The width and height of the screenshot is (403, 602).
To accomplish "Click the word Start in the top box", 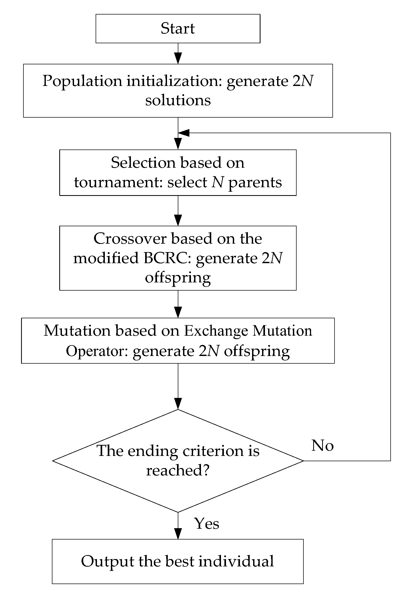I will tap(178, 28).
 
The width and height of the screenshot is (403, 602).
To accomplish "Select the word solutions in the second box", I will tap(178, 100).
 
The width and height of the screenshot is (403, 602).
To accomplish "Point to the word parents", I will tap(255, 183).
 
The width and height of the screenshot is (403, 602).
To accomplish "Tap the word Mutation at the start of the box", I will tap(77, 331).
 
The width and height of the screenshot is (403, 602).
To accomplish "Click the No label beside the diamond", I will tap(322, 445).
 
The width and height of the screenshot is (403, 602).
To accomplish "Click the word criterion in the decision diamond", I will tap(213, 451).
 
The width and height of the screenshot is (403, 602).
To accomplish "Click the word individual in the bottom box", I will tap(236, 561).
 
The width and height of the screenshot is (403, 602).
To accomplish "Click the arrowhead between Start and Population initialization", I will tap(178, 58).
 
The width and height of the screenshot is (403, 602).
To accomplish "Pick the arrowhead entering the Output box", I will tap(178, 533).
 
